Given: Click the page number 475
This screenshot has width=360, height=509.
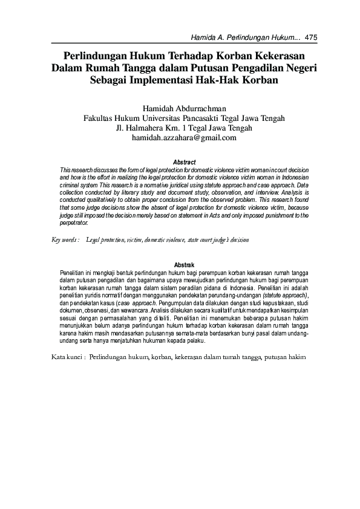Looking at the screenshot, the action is coord(312,37).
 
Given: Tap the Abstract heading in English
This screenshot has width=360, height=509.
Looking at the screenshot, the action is coord(184,162).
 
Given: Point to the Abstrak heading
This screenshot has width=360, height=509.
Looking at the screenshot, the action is coord(184,265).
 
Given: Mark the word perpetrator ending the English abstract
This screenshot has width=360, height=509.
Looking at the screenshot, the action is coord(74,222).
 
